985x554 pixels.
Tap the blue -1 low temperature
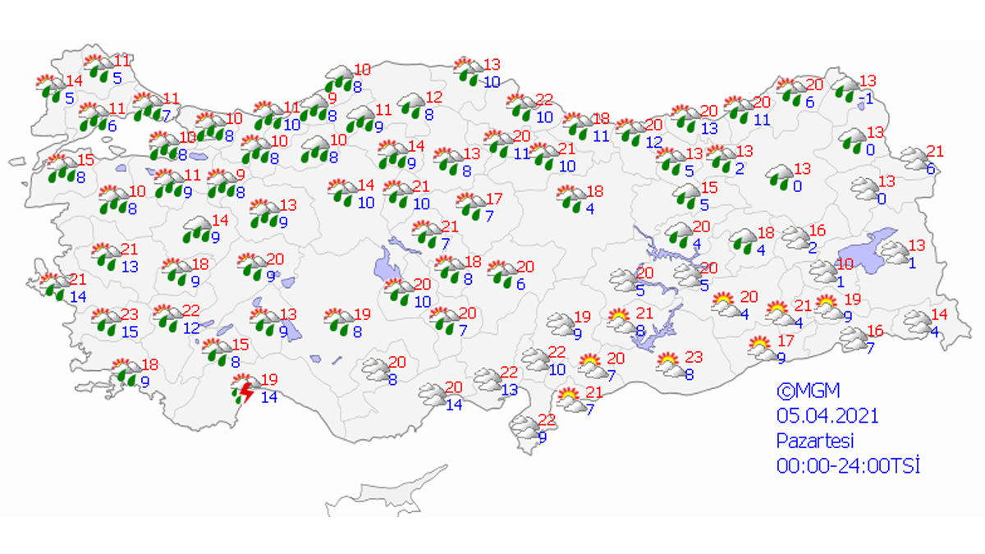(x=866, y=99)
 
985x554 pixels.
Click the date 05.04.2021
(x=827, y=416)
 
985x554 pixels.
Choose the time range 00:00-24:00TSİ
(x=848, y=465)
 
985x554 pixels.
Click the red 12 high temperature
(x=434, y=97)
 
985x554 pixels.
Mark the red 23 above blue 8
(x=694, y=357)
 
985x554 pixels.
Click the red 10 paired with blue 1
(x=845, y=263)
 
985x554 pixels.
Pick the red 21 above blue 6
(x=935, y=151)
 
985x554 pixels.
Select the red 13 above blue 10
(x=492, y=65)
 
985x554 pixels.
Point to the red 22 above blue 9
(x=547, y=419)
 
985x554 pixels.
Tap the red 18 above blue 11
(x=601, y=118)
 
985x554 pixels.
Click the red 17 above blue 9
(x=786, y=341)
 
